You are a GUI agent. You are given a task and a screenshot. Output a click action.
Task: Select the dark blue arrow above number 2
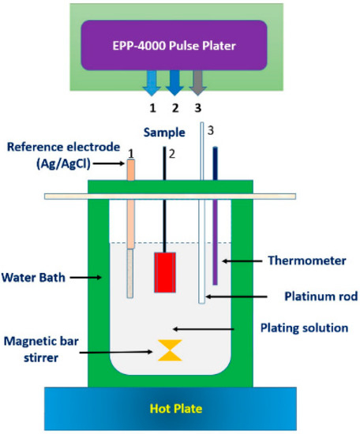[175, 81]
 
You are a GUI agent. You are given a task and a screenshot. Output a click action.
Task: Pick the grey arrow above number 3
[198, 81]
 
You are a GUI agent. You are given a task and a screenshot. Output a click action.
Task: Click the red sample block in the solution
[164, 271]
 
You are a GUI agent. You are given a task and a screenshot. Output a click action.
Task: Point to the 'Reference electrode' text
[61, 146]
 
